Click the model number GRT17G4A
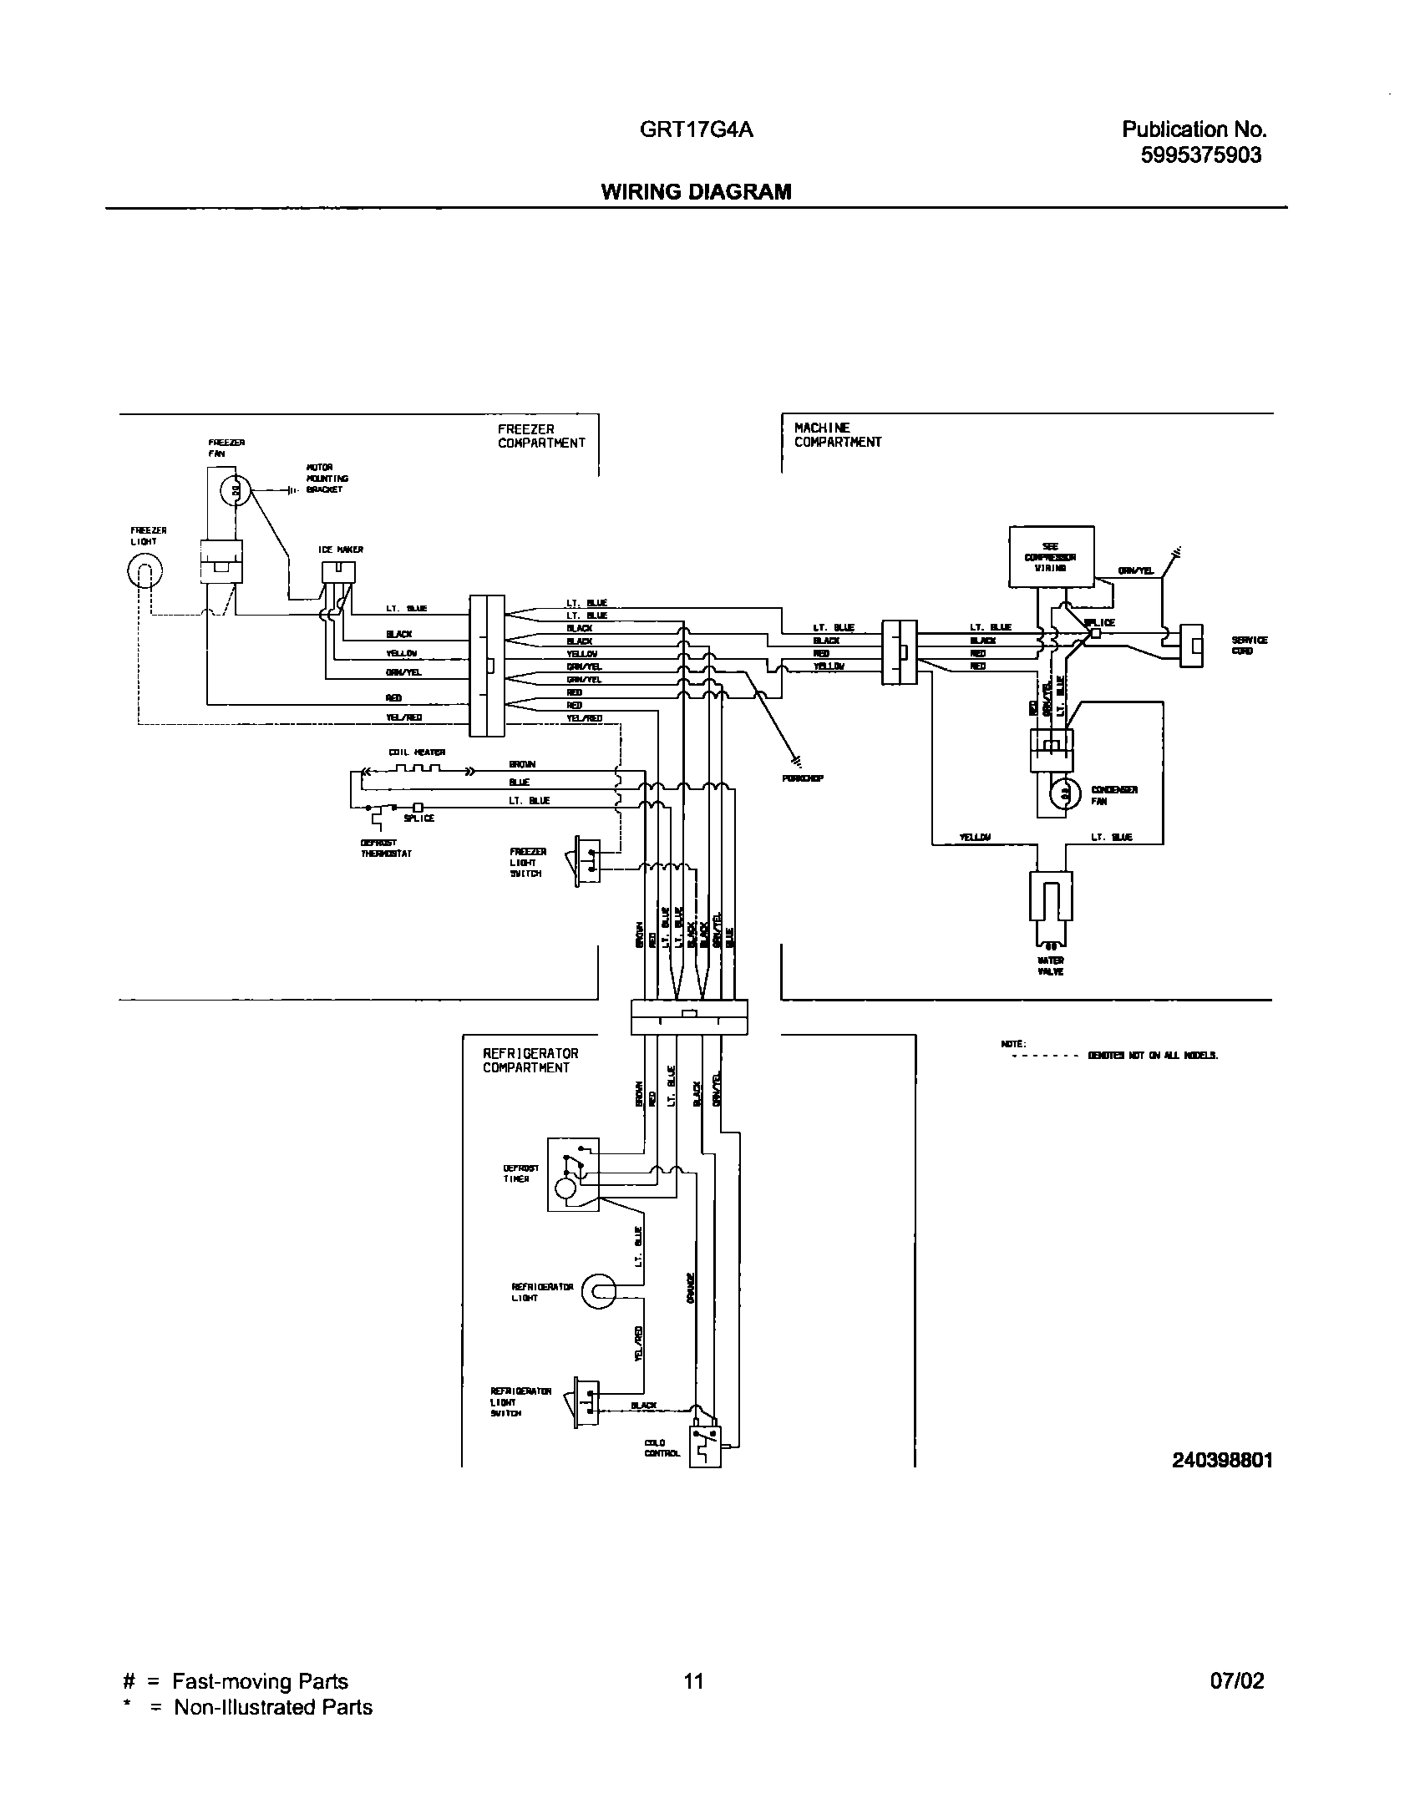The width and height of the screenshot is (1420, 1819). [696, 129]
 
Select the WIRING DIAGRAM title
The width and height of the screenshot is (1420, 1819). [696, 192]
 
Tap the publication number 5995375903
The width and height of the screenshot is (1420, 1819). [1200, 155]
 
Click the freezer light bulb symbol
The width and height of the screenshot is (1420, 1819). [144, 572]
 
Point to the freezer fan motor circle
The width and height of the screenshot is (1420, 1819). [236, 492]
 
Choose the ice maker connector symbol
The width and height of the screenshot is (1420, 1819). [338, 572]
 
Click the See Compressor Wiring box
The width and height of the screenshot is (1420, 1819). [1051, 557]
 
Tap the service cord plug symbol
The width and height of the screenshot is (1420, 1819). [1191, 646]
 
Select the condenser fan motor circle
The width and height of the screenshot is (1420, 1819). [1065, 793]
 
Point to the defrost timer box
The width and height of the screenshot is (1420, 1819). [573, 1173]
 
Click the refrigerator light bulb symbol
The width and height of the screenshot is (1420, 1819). [598, 1292]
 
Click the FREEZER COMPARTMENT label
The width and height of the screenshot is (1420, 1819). [541, 437]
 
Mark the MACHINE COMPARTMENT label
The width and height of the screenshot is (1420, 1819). [837, 435]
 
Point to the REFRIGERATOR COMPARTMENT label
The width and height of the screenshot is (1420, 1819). [530, 1061]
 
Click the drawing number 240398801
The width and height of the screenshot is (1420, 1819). [1222, 1461]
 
